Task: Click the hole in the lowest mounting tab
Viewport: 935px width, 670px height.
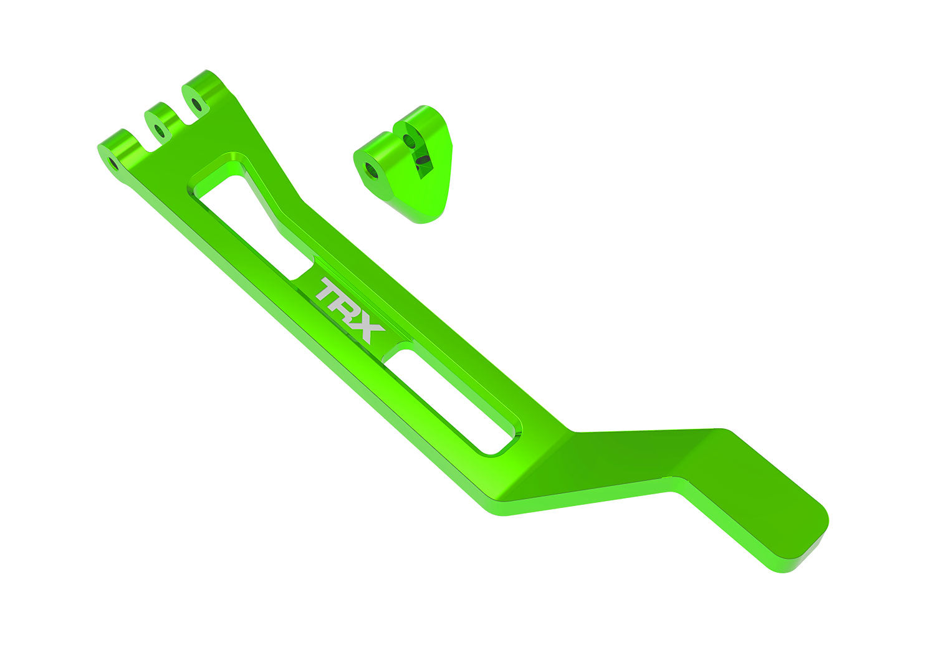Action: [113, 164]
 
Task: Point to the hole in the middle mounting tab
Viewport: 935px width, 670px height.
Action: [160, 131]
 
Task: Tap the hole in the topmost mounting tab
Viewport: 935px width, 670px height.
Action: [196, 103]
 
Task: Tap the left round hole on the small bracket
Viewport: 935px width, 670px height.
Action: [372, 169]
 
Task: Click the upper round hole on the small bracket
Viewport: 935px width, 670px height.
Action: [410, 141]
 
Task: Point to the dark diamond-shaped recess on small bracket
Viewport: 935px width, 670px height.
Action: [423, 165]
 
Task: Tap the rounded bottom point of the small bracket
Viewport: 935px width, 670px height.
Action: [427, 217]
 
